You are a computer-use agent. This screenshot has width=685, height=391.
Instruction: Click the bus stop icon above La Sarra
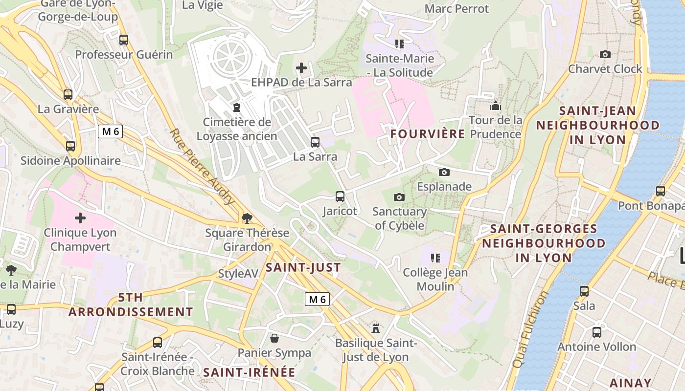pyautogui.click(x=315, y=142)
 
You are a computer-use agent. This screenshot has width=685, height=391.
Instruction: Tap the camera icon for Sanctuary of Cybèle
pyautogui.click(x=399, y=197)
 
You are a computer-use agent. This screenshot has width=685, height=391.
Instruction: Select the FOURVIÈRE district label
pyautogui.click(x=428, y=134)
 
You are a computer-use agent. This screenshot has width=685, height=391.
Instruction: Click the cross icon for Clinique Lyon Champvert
pyautogui.click(x=80, y=217)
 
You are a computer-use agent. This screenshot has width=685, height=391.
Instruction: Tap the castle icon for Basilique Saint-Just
pyautogui.click(x=376, y=327)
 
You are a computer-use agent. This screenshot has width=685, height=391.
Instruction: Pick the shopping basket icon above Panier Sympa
pyautogui.click(x=274, y=338)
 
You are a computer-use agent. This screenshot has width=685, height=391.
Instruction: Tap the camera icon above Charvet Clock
pyautogui.click(x=605, y=54)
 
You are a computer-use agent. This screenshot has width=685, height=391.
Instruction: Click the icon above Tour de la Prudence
pyautogui.click(x=495, y=106)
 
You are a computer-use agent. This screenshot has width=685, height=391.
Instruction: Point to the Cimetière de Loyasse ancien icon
pyautogui.click(x=237, y=107)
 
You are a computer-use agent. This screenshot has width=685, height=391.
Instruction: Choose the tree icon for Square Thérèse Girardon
pyautogui.click(x=247, y=218)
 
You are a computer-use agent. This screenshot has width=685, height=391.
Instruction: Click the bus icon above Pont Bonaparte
pyautogui.click(x=661, y=191)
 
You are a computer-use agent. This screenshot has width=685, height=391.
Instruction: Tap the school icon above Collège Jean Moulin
pyautogui.click(x=435, y=258)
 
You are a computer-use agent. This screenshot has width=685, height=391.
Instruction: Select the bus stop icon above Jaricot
pyautogui.click(x=340, y=196)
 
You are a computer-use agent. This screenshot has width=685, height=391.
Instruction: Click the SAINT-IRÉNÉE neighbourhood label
pyautogui.click(x=249, y=372)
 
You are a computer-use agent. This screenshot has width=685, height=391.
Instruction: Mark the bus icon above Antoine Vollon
pyautogui.click(x=597, y=332)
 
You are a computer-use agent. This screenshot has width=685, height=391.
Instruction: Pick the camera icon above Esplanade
pyautogui.click(x=444, y=172)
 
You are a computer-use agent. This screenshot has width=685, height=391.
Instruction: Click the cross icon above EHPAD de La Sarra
pyautogui.click(x=301, y=68)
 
